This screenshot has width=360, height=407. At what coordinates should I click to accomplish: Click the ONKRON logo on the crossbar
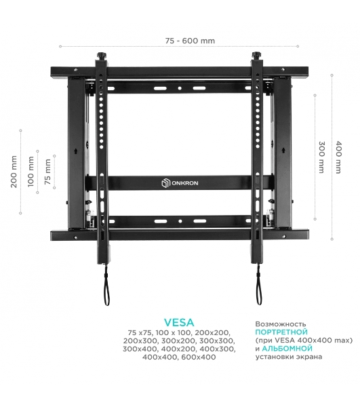point(180,183)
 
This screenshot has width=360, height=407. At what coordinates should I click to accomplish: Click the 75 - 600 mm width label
point(190,41)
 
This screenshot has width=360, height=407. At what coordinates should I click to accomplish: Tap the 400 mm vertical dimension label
point(338,157)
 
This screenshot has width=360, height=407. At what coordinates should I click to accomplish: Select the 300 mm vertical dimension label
point(321,157)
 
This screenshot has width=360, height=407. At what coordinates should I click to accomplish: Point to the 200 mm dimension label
point(14,172)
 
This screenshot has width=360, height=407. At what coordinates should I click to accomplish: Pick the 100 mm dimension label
point(31,172)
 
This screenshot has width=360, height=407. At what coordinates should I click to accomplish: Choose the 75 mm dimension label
point(47,172)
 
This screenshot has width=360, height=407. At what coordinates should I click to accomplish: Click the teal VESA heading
point(179,322)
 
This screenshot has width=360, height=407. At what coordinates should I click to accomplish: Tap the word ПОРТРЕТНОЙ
point(281,332)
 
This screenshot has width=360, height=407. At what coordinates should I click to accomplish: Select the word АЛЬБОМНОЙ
point(287,349)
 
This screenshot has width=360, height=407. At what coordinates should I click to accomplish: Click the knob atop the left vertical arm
point(102,56)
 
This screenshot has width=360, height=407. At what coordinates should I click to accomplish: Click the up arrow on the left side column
point(76,151)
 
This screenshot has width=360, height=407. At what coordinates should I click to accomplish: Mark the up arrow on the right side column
point(283,151)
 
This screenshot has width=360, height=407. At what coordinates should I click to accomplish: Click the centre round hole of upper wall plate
point(180,88)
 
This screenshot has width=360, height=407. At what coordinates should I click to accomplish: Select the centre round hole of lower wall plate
point(180,221)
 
